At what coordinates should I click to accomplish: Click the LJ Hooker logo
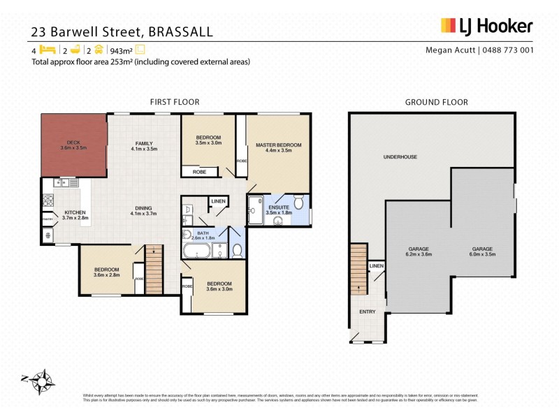point(486,26)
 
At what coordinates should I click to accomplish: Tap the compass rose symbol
point(43,381)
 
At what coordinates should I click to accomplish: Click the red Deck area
point(73,145)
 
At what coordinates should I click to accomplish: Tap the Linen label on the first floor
point(219,202)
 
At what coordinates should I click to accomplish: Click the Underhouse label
point(400,157)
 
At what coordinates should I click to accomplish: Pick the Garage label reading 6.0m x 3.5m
point(481,251)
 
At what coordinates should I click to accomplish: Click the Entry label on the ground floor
point(367,311)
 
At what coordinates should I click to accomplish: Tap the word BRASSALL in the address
point(181,31)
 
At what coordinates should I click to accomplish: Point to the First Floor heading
point(169,102)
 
